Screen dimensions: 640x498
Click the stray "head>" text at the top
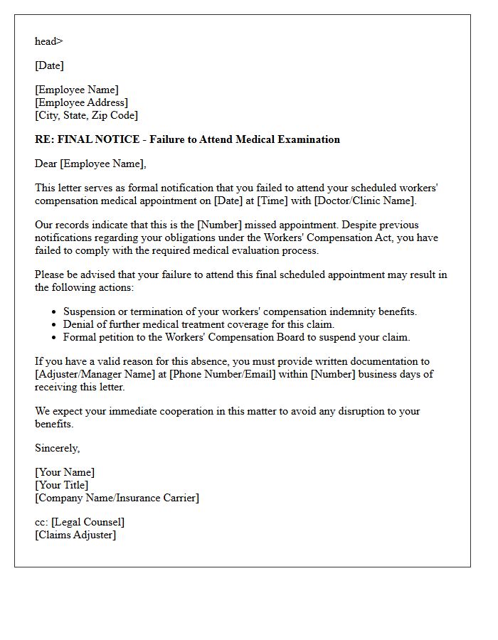coord(48,41)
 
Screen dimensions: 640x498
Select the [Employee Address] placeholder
coord(81,102)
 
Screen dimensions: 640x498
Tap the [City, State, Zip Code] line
coord(86,115)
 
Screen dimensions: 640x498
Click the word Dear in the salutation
coord(46,164)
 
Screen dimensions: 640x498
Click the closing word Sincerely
coord(57,448)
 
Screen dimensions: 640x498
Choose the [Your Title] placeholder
coord(62,485)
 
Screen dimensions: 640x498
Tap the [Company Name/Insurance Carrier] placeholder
coord(117,498)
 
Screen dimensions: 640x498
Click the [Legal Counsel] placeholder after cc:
coord(88,522)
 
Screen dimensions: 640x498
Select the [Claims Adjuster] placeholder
coord(75,535)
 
